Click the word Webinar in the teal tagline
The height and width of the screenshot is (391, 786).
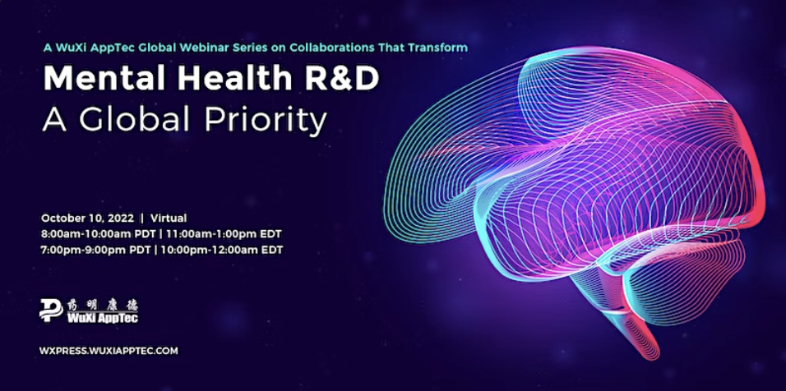pos(201,48)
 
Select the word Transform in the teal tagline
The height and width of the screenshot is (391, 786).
pos(441,48)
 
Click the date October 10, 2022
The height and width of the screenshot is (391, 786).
pos(88,218)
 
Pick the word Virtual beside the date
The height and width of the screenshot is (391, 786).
pos(169,218)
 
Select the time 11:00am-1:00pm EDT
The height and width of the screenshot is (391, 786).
pos(220,234)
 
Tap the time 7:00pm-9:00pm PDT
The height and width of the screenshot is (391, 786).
pos(95,250)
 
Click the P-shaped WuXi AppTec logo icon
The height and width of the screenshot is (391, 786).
pos(51,310)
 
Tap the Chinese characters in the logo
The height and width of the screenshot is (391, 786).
pos(102,305)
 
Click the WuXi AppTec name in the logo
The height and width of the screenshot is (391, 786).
pos(102,317)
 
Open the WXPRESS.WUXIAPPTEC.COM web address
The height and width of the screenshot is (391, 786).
pos(109,351)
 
